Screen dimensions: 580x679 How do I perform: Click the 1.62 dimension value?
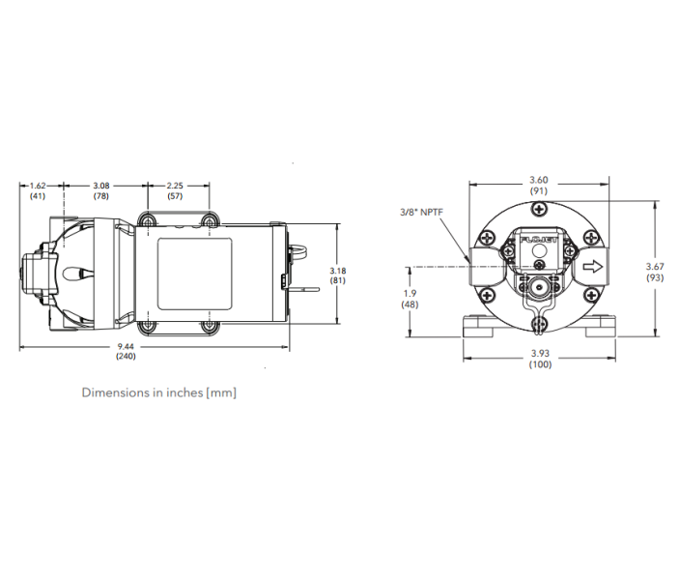click(39, 185)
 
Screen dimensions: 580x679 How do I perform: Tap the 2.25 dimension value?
click(175, 185)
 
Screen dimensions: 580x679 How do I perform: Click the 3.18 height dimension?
click(337, 270)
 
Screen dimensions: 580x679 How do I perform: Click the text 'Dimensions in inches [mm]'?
click(158, 393)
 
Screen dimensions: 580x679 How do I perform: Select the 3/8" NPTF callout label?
click(421, 212)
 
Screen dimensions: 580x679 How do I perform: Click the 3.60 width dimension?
click(540, 179)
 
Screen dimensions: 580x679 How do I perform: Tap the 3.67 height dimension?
click(656, 267)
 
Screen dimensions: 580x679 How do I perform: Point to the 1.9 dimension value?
click(411, 293)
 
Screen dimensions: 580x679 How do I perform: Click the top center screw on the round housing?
click(539, 214)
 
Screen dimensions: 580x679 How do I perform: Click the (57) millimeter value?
click(175, 196)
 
